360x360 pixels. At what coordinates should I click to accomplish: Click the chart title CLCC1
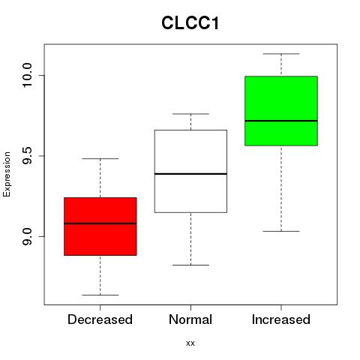coord(190,23)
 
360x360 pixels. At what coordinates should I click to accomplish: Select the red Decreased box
coord(100,226)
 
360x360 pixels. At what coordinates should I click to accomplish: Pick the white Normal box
coord(190,171)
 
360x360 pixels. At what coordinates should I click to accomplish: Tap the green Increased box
coord(281,111)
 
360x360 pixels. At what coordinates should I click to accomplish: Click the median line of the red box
coord(100,223)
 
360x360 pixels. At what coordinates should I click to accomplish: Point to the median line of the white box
coord(190,174)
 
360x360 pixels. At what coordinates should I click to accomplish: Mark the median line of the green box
coord(281,121)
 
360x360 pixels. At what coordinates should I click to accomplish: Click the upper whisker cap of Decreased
coord(100,158)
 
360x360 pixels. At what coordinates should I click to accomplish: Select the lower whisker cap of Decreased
coord(100,295)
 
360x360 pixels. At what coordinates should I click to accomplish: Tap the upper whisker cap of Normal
coord(190,114)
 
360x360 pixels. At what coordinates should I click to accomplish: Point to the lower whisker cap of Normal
coord(190,265)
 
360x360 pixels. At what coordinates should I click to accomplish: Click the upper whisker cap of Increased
coord(281,54)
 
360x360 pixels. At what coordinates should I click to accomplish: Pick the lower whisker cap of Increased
coord(281,231)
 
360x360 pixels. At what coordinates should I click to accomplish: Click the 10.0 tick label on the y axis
coord(27,75)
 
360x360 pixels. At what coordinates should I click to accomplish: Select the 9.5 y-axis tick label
coord(27,156)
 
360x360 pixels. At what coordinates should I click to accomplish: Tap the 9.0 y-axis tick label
coord(27,236)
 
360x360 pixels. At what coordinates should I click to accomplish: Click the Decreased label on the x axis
coord(100,319)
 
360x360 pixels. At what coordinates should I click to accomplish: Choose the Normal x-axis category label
coord(190,319)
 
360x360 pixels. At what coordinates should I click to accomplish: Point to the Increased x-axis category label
coord(281,319)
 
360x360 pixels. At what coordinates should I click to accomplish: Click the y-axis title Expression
coord(7,174)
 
